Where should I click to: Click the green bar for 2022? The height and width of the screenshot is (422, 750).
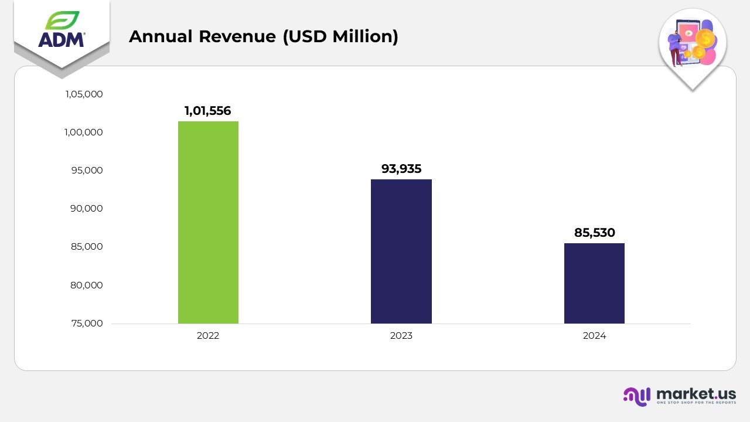tap(208, 222)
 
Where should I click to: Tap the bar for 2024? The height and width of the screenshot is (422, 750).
tap(594, 283)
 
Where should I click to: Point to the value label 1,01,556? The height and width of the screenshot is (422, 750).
tap(208, 110)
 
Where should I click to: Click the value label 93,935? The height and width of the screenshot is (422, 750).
tap(401, 169)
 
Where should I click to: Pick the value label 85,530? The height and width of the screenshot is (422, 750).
tap(594, 233)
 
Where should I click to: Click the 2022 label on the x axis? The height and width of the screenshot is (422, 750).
tap(208, 336)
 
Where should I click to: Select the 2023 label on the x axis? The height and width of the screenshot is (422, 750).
tap(401, 336)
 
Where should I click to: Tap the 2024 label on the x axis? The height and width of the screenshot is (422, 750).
tap(594, 336)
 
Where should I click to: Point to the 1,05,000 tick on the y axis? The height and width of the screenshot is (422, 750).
tap(84, 94)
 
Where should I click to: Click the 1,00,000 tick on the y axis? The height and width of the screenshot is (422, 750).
tap(84, 132)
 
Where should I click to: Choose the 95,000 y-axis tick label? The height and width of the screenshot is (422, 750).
tap(87, 171)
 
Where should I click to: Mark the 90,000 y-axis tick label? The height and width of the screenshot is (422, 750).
tap(87, 209)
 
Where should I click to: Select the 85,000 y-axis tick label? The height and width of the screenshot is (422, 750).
tap(87, 247)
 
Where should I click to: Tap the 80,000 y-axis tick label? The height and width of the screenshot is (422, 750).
tap(87, 285)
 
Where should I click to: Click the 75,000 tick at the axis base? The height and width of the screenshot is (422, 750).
tap(87, 324)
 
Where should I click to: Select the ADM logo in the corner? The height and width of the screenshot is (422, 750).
tap(62, 30)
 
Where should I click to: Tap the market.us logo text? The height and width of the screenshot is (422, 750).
tap(696, 394)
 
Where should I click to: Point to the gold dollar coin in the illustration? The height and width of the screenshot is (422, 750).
tap(705, 39)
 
